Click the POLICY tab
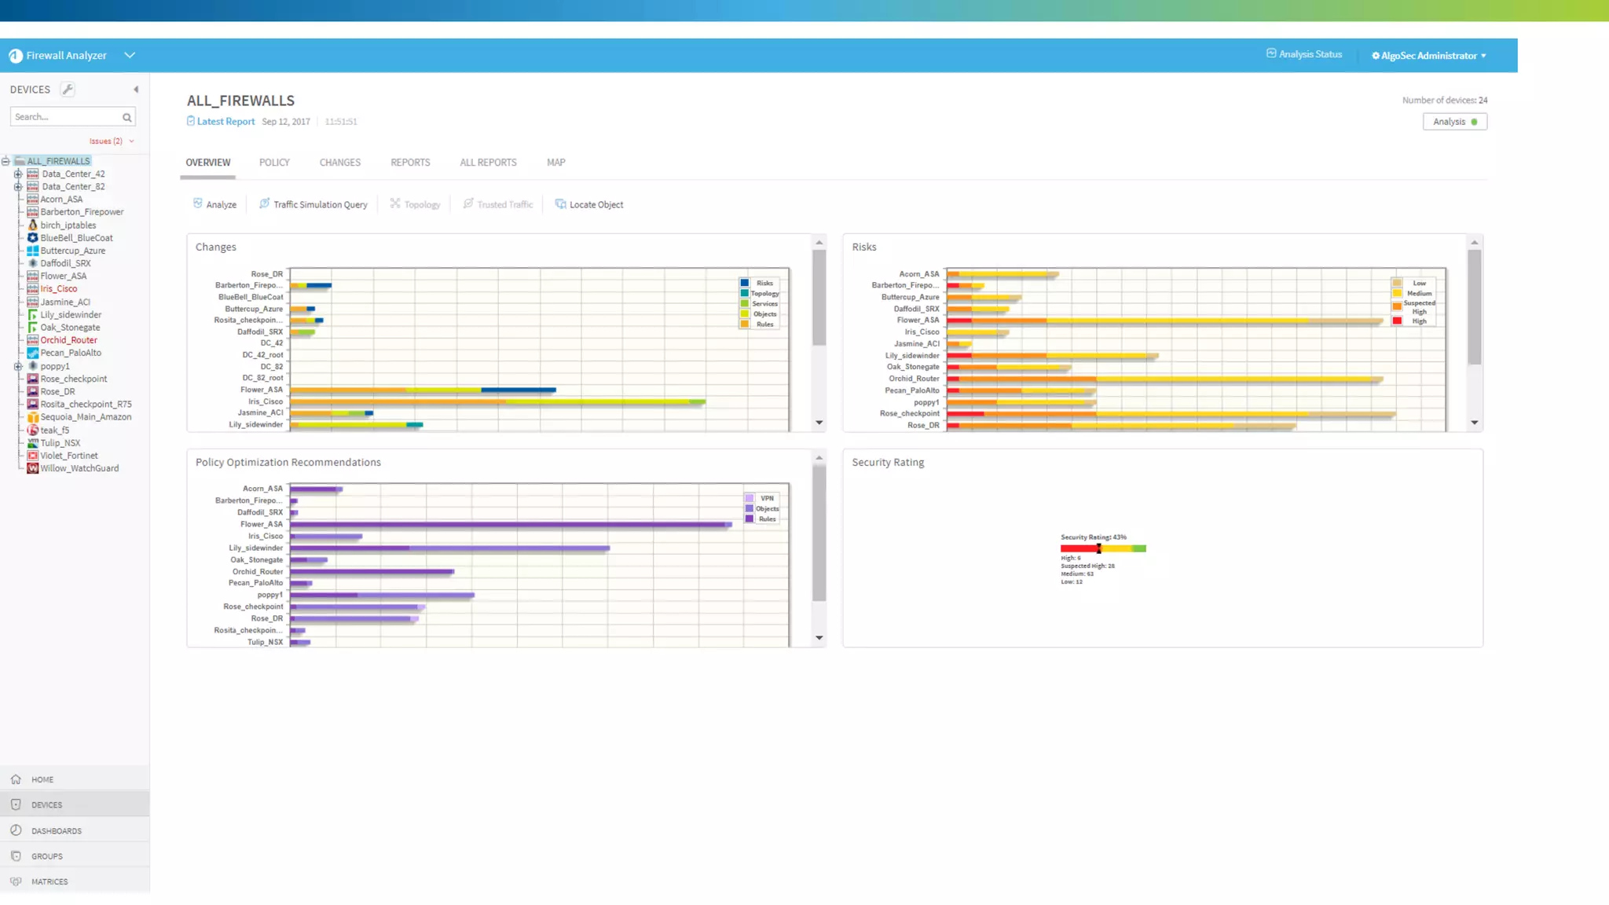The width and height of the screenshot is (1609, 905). [274, 163]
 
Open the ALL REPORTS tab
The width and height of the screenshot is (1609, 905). [488, 163]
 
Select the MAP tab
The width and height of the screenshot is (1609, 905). [555, 163]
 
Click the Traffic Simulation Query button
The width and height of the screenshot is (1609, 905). [313, 204]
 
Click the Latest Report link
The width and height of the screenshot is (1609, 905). [225, 122]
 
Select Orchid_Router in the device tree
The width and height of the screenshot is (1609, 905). [68, 340]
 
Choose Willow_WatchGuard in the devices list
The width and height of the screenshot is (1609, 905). [79, 468]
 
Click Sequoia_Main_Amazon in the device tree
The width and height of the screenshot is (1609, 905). [86, 417]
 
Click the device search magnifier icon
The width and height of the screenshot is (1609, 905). [126, 118]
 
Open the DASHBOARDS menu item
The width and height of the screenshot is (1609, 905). [56, 830]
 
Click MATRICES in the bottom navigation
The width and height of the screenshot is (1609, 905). [49, 881]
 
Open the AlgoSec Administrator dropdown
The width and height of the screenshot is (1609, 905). [1429, 56]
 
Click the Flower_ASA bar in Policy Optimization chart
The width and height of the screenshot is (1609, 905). [511, 524]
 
